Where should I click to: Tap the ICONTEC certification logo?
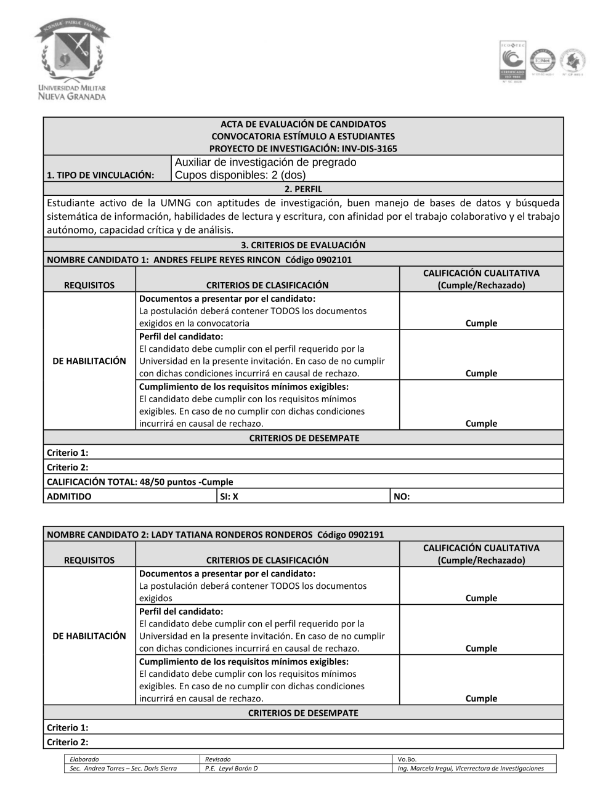512,62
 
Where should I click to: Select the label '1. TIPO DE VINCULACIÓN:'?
100,175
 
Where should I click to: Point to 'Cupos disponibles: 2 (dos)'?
240,175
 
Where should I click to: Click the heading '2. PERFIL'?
303,189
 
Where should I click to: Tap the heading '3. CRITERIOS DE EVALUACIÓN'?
303,245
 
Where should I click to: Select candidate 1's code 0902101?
333,259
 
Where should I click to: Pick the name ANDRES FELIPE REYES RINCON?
216,259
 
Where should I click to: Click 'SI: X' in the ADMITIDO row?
229,496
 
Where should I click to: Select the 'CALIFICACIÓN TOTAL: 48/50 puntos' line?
140,482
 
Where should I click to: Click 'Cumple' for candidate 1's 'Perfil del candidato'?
481,373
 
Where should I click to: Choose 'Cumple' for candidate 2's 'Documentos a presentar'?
481,598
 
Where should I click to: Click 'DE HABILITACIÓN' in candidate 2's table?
89,636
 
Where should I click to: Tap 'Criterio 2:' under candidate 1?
68,467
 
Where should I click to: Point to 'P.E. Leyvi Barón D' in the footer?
232,768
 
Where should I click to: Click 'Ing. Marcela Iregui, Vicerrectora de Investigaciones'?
471,768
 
